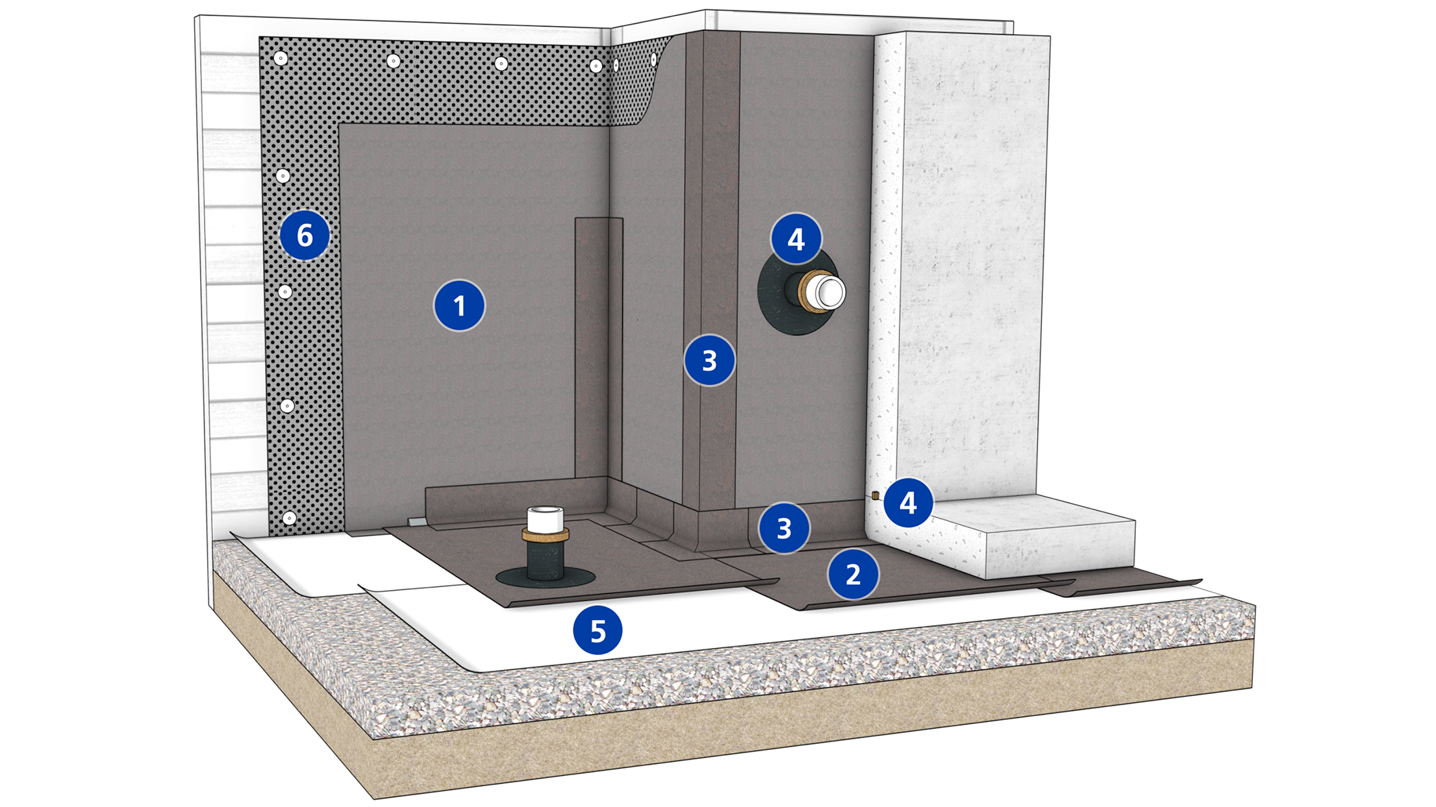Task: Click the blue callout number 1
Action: (459, 305)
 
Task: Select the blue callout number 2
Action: (853, 574)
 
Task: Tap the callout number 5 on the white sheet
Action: (598, 630)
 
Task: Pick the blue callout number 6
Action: (305, 235)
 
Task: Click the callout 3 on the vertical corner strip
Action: (709, 360)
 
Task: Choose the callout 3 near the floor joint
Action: (784, 528)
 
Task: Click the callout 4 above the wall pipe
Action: (796, 239)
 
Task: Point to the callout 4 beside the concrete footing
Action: (908, 502)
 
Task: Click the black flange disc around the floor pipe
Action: (513, 577)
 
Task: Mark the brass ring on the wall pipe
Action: (809, 290)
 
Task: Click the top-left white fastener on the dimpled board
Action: (281, 58)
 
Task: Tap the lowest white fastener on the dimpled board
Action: (290, 518)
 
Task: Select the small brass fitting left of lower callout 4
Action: (875, 495)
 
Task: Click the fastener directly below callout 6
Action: (285, 292)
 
